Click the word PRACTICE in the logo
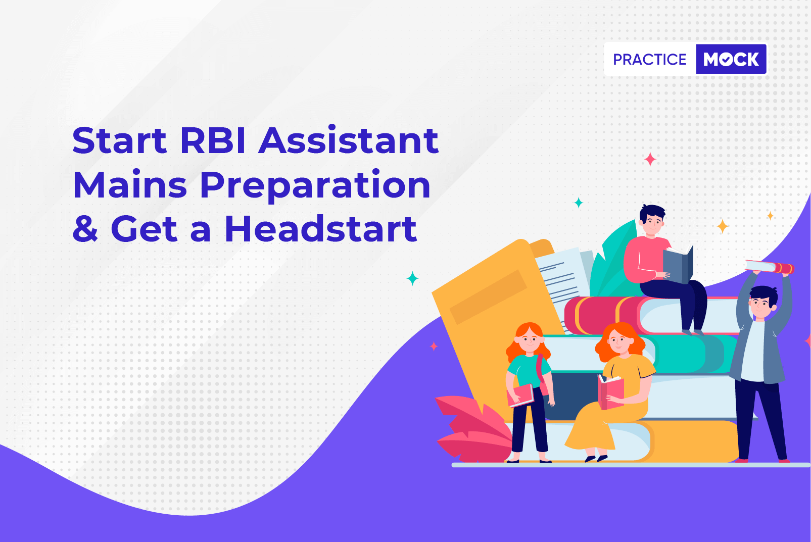649,60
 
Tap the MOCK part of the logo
731,59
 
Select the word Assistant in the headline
348,140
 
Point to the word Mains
130,184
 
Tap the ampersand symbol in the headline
85,229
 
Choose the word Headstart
321,228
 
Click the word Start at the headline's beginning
119,140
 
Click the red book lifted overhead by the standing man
770,267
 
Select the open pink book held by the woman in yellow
610,392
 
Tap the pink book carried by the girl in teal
520,396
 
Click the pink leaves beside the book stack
473,429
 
